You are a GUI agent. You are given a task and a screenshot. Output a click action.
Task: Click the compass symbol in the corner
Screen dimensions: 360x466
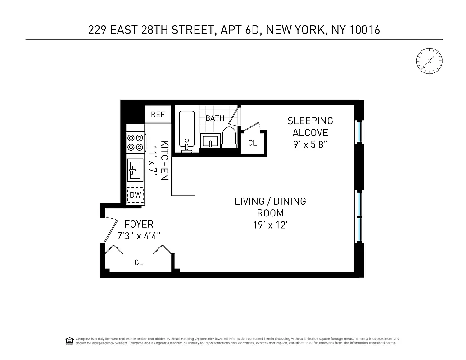pyautogui.click(x=429, y=61)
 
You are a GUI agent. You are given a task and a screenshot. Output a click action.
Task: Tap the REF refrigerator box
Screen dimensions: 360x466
pyautogui.click(x=158, y=114)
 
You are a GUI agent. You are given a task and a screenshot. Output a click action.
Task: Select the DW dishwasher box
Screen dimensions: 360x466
pyautogui.click(x=135, y=195)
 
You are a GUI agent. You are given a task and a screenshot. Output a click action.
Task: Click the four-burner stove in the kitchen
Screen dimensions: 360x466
pyautogui.click(x=135, y=142)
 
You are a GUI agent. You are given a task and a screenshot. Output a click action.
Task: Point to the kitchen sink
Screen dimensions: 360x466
pyautogui.click(x=135, y=170)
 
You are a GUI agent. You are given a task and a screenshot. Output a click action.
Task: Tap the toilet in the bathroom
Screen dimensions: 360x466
pyautogui.click(x=229, y=137)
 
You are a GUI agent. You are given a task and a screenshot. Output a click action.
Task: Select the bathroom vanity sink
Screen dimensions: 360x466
pyautogui.click(x=210, y=141)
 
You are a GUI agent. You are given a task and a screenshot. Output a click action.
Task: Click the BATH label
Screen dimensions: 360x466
pyautogui.click(x=215, y=118)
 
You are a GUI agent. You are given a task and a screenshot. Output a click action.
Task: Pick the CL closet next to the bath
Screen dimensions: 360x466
pyautogui.click(x=253, y=143)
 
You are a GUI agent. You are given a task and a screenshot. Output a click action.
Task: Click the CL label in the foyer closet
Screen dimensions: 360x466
pyautogui.click(x=139, y=262)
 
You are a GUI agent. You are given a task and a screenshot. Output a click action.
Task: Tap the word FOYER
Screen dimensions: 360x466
pyautogui.click(x=139, y=224)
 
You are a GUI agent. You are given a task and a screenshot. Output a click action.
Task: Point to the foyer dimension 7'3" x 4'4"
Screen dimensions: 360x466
pyautogui.click(x=139, y=236)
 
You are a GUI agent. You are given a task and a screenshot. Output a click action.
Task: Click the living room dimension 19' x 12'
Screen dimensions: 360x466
pyautogui.click(x=270, y=225)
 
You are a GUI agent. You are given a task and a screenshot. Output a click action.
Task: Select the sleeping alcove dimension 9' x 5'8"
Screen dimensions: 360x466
pyautogui.click(x=310, y=145)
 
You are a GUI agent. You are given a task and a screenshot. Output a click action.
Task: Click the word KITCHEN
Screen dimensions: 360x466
pyautogui.click(x=165, y=160)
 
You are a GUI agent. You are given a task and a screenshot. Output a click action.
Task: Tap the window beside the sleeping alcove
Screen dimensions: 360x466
pyautogui.click(x=359, y=131)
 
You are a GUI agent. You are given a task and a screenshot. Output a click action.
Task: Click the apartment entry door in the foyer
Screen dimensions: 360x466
pyautogui.click(x=109, y=229)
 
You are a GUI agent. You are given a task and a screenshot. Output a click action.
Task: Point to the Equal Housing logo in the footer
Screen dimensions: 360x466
pyautogui.click(x=69, y=340)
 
